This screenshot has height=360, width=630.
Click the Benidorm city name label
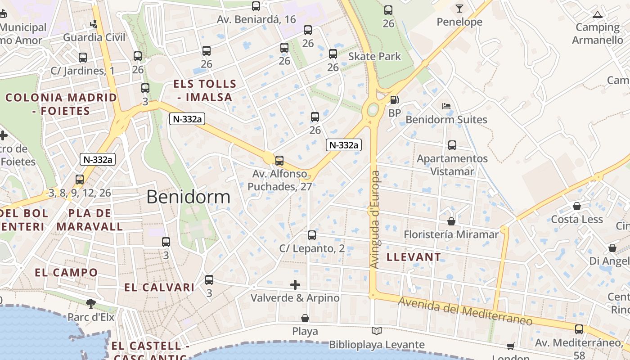tap(188, 197)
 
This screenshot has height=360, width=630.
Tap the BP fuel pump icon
tap(395, 100)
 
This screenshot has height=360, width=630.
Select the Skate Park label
tap(374, 57)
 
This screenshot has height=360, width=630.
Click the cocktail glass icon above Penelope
tap(459, 9)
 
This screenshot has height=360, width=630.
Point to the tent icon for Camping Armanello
tap(598, 14)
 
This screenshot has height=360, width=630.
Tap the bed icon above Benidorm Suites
tap(446, 106)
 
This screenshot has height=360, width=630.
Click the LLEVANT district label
tap(414, 257)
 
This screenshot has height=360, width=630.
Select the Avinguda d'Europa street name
tap(375, 220)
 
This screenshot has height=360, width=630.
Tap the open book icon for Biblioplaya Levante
tap(377, 331)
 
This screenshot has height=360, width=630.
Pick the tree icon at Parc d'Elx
tap(91, 303)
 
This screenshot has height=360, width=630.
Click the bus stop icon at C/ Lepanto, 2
tap(312, 235)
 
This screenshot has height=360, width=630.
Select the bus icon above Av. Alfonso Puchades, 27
tap(279, 160)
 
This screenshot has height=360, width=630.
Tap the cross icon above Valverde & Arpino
tap(295, 284)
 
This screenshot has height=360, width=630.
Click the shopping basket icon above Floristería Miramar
tap(451, 221)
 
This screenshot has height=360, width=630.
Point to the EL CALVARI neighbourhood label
tap(159, 288)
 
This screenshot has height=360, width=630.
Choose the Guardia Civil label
tap(94, 37)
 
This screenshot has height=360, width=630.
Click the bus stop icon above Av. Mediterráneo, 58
tap(579, 329)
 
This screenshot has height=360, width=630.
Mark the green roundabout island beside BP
tap(373, 109)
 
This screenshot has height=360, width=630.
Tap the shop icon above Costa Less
tap(577, 206)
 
